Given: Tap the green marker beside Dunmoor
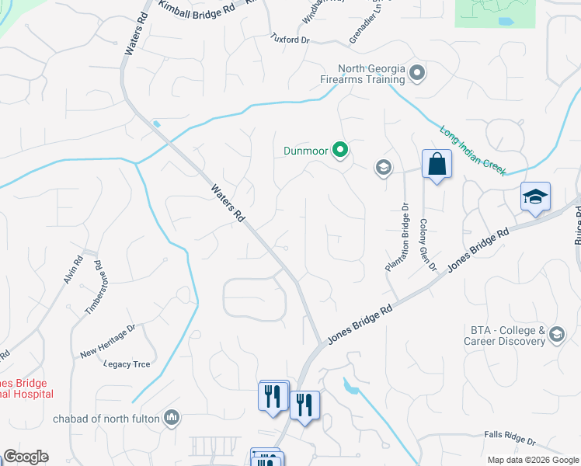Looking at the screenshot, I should (x=339, y=151).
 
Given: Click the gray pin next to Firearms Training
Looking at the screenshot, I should (x=417, y=74).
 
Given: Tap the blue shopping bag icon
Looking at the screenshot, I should (x=437, y=165).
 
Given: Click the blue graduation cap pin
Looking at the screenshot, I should (x=535, y=197).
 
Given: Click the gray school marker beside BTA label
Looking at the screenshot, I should (x=555, y=335).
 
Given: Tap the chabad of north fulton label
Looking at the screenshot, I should (x=106, y=419).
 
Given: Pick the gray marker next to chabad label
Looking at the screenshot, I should (x=172, y=419).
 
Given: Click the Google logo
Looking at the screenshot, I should (x=26, y=457).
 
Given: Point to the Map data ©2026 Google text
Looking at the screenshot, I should (x=533, y=460).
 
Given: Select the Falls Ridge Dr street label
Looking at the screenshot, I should (x=510, y=440).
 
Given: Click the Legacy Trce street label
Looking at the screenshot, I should (x=126, y=363).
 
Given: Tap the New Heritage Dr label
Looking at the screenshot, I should (x=107, y=342).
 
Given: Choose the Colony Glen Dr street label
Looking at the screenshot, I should (x=428, y=245).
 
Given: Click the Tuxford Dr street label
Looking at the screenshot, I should (x=289, y=37).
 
